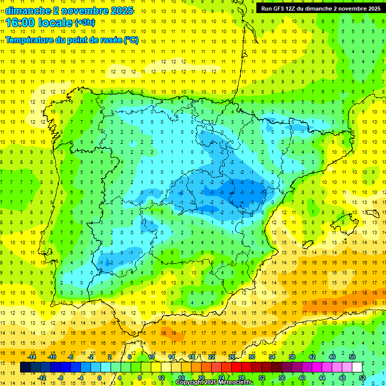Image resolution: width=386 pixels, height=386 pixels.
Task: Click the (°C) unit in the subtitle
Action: click(x=131, y=40)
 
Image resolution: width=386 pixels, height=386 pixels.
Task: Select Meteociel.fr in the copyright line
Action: click(x=235, y=382)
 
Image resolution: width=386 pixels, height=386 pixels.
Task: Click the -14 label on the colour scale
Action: click(x=32, y=357)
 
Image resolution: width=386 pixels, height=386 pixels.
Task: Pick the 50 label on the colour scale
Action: click(x=352, y=357)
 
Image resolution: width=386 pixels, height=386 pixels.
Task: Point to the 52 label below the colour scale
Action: click(x=362, y=377)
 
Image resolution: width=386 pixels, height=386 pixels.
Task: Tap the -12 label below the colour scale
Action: click(x=42, y=377)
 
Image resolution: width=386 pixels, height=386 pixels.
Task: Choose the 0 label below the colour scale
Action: click(x=100, y=377)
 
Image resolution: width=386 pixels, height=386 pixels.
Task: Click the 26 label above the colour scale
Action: click(x=232, y=357)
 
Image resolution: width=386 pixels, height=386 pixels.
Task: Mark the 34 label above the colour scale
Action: click(x=272, y=357)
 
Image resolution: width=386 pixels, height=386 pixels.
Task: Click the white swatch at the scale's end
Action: click(x=357, y=367)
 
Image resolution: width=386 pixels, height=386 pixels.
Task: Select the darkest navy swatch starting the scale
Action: click(x=25, y=367)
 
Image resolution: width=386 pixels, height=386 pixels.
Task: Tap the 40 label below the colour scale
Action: click(x=302, y=377)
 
